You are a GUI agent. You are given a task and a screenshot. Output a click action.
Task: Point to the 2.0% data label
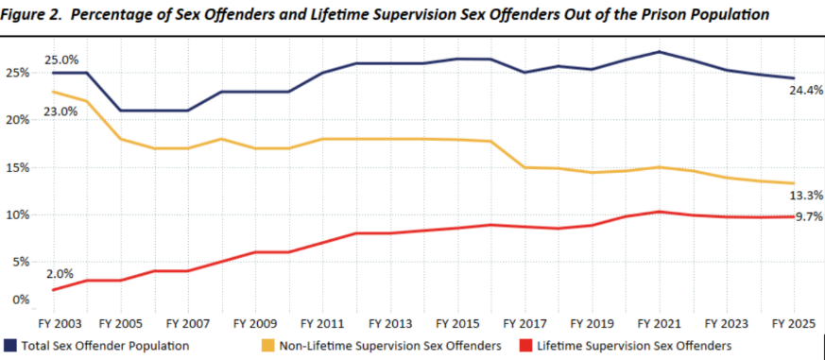(x=59, y=273)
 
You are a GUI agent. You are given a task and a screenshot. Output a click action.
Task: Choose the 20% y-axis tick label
(x=16, y=120)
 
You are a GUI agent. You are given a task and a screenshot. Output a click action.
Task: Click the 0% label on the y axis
(x=19, y=300)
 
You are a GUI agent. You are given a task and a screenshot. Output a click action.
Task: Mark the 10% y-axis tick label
(x=16, y=214)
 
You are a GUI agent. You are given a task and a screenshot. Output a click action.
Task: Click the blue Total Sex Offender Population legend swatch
(x=10, y=345)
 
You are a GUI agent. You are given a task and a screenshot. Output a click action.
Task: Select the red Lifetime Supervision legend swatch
(x=524, y=345)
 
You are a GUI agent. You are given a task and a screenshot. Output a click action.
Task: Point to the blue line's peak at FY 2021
(x=660, y=52)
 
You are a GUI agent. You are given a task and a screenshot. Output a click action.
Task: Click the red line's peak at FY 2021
(x=660, y=212)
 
